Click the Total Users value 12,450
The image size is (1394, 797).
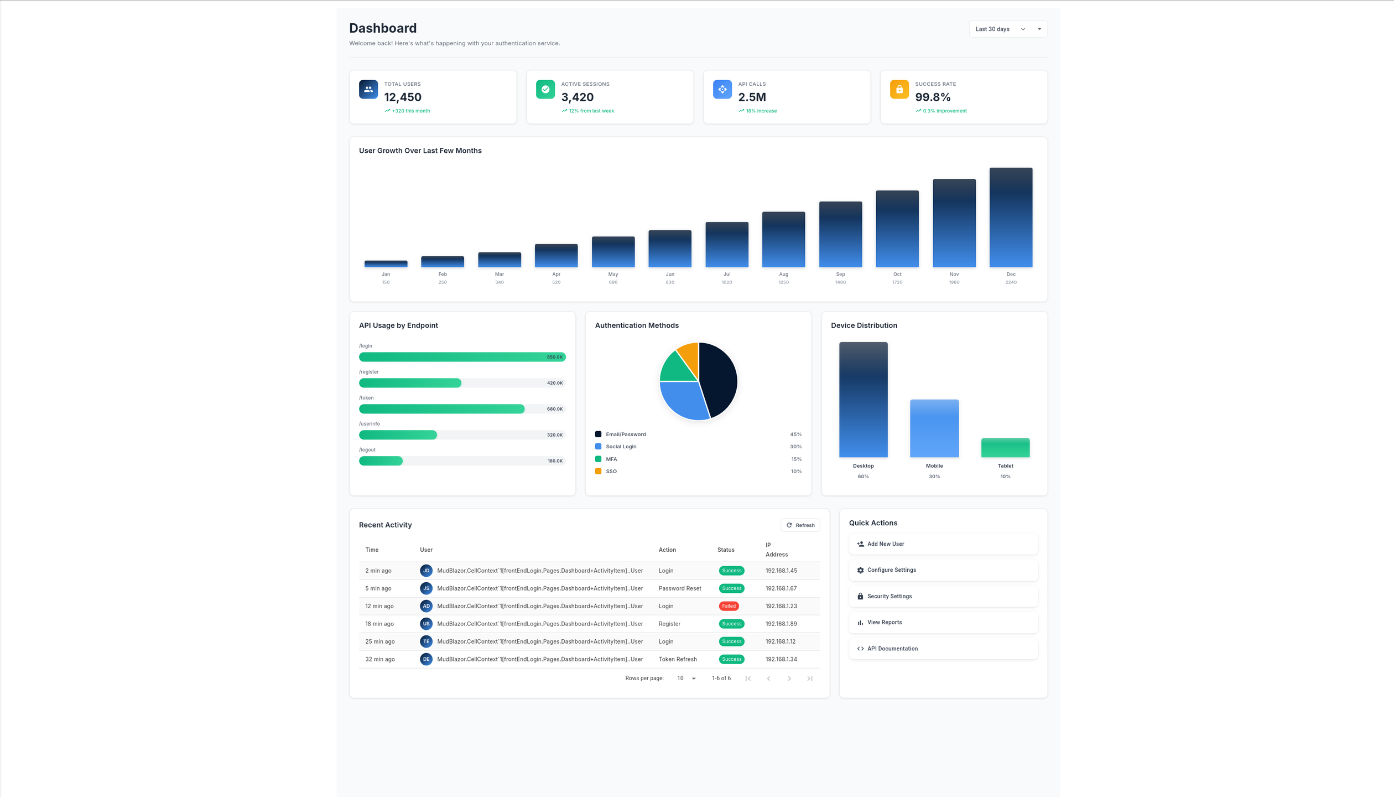click(x=403, y=97)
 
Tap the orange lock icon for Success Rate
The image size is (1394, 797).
click(x=899, y=89)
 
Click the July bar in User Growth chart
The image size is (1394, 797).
click(x=726, y=245)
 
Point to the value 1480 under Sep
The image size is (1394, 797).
click(x=840, y=282)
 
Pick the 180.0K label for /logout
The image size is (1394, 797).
click(x=554, y=461)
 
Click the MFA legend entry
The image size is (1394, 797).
click(x=611, y=459)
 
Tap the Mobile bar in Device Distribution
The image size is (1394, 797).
click(x=934, y=428)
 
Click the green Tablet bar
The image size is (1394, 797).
click(x=1005, y=448)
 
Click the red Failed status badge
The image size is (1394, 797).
click(x=729, y=606)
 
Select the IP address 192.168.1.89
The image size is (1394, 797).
click(x=781, y=624)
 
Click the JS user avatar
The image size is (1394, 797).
click(x=426, y=588)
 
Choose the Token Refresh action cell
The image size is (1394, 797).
click(x=677, y=659)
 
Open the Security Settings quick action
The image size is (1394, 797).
click(x=889, y=596)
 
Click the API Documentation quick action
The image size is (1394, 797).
click(x=892, y=649)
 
